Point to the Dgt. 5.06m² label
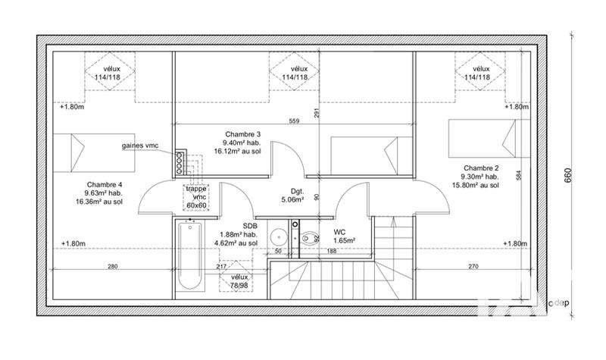tap(292, 196)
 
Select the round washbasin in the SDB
tap(278, 233)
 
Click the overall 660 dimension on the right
tap(567, 175)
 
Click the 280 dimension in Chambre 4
tap(112, 266)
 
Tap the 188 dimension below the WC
tap(331, 250)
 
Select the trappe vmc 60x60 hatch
tap(196, 196)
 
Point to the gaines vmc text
tap(140, 146)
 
